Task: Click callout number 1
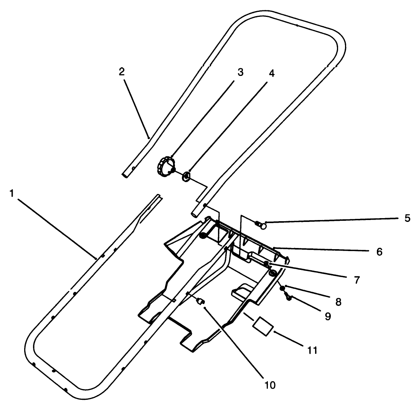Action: coord(12,193)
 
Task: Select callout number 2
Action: coord(122,72)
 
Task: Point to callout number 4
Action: coord(271,74)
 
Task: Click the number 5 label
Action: coord(407,218)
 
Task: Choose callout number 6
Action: coord(379,251)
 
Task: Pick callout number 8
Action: coord(338,301)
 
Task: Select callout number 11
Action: coord(312,350)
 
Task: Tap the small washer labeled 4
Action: coord(185,176)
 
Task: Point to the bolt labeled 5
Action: coord(261,225)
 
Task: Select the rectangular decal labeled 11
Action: coord(262,326)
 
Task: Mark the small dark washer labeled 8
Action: coord(282,288)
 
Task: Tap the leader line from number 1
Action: coord(54,226)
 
